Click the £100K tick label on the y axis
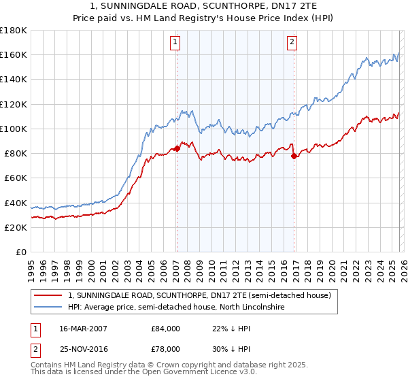[x=14, y=129]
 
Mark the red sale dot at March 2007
[x=177, y=148]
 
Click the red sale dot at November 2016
[x=294, y=156]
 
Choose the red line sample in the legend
[x=48, y=295]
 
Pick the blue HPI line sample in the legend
[x=48, y=307]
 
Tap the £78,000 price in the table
[x=165, y=348]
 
